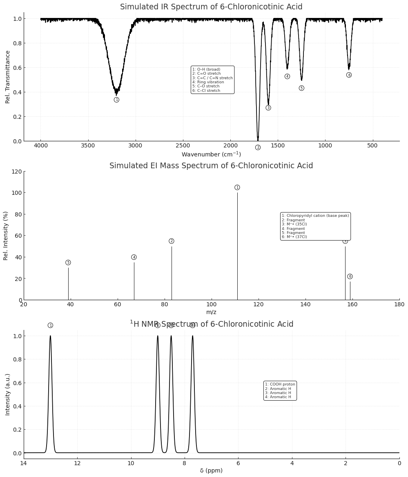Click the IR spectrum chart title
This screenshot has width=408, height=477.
[x=211, y=7]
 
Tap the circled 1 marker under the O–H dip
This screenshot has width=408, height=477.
[x=116, y=100]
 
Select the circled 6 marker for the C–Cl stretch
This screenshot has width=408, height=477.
[x=349, y=75]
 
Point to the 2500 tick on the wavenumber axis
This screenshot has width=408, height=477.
[x=183, y=146]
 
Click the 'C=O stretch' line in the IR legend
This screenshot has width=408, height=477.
[x=207, y=74]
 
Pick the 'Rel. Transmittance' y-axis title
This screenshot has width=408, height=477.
[x=8, y=77]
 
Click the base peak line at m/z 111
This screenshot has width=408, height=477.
[x=237, y=245]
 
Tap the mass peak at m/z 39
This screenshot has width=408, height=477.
[x=68, y=284]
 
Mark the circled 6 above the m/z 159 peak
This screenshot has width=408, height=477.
[x=350, y=276]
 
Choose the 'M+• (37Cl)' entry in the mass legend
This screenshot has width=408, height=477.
[x=294, y=237]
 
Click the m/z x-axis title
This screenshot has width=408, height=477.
[x=211, y=312]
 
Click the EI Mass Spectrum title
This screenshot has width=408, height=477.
[x=211, y=166]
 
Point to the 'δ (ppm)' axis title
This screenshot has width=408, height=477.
[x=211, y=470]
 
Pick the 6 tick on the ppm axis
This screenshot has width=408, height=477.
[x=238, y=463]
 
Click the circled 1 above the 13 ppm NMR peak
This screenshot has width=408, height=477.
[x=50, y=325]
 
